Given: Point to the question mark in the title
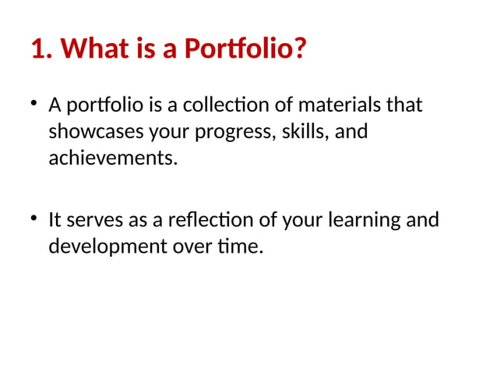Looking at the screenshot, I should (299, 51).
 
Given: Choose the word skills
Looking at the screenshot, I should (305, 132).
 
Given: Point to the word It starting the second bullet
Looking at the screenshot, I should (55, 220).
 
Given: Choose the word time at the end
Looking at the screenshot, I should (243, 247).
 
